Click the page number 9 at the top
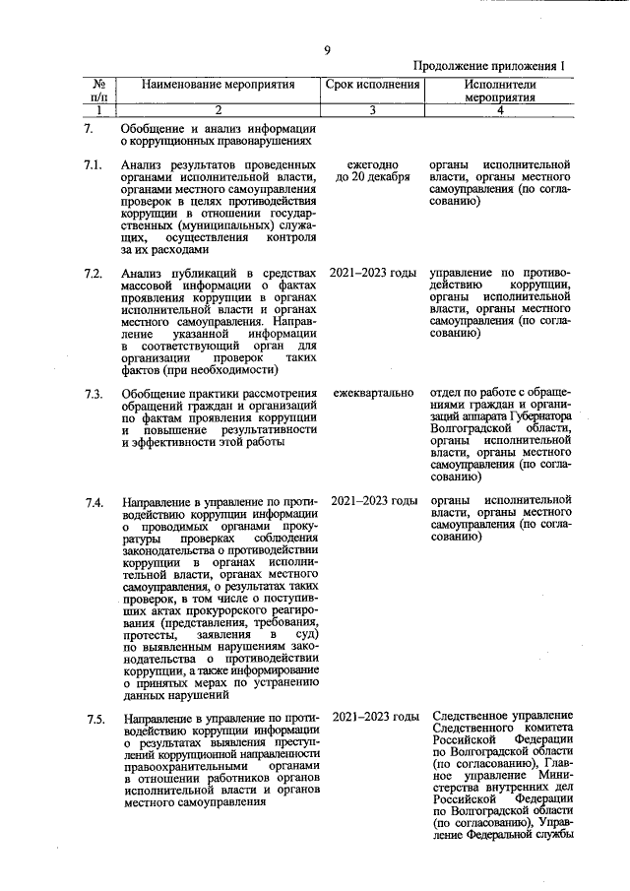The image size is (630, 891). tap(327, 51)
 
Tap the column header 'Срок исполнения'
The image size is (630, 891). tap(373, 86)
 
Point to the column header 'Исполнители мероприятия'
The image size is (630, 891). tap(499, 93)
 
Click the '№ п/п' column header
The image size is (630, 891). tap(98, 93)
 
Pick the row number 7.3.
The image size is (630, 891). tap(94, 395)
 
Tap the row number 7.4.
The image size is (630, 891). tap(94, 503)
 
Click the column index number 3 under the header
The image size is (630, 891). tap(373, 111)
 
